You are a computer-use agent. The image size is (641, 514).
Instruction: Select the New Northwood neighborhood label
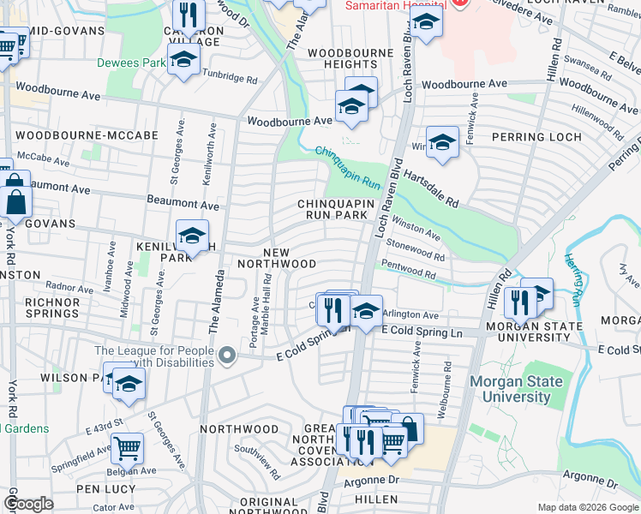point(290,258)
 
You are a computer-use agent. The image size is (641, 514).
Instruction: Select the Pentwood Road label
point(414,271)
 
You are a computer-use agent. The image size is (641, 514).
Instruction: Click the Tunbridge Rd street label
point(230,78)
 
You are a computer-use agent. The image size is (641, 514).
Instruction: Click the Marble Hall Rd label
point(267,301)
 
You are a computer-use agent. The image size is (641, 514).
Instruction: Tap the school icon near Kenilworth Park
point(192,236)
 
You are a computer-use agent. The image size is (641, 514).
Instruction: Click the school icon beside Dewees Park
point(183,60)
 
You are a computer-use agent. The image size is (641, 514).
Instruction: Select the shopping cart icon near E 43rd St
point(127,446)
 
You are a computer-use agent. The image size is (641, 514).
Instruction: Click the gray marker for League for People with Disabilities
point(226,354)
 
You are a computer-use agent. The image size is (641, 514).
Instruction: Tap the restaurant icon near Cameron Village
point(186,13)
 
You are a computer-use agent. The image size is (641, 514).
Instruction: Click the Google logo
point(28,503)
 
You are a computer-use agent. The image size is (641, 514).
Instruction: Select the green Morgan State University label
point(516,389)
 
